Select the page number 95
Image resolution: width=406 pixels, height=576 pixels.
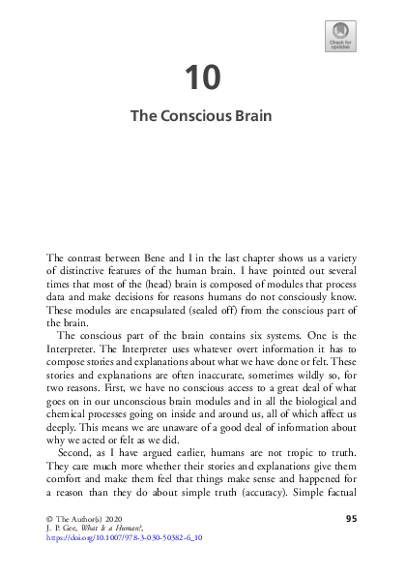(x=351, y=520)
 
